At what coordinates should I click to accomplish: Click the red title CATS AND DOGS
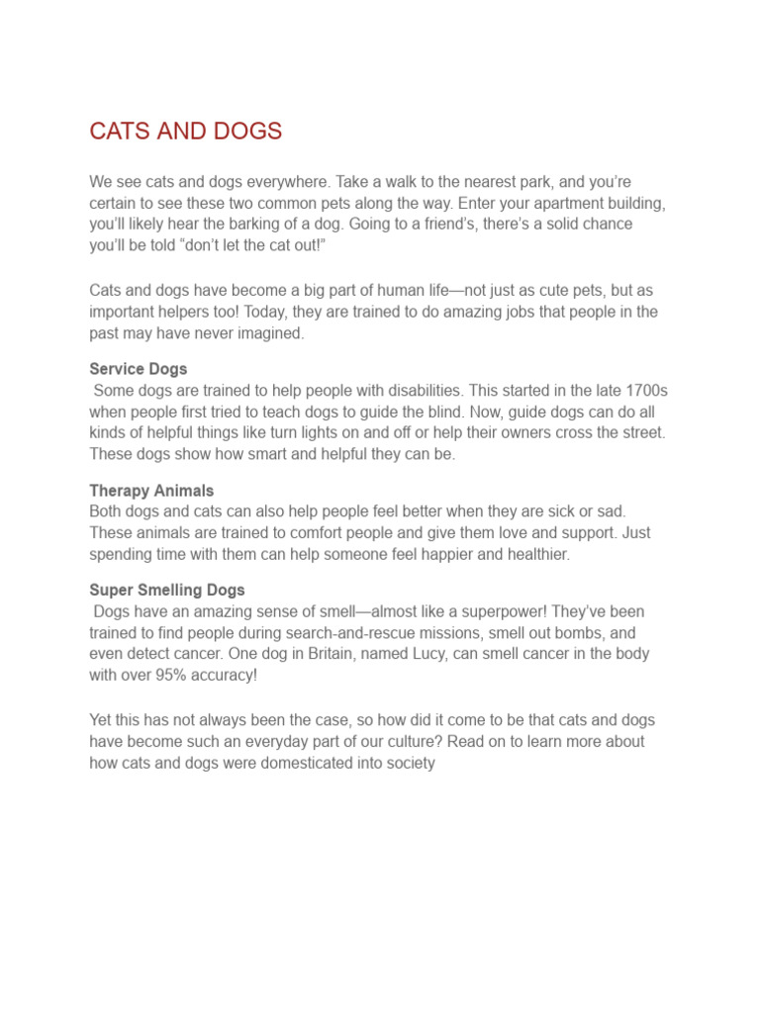pos(185,132)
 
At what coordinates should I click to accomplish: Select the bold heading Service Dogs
pos(139,369)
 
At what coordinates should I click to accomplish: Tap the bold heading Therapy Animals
pos(151,491)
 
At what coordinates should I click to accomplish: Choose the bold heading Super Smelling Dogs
pos(167,591)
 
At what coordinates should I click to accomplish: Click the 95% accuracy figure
pos(194,675)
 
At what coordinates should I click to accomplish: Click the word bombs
pos(587,633)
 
